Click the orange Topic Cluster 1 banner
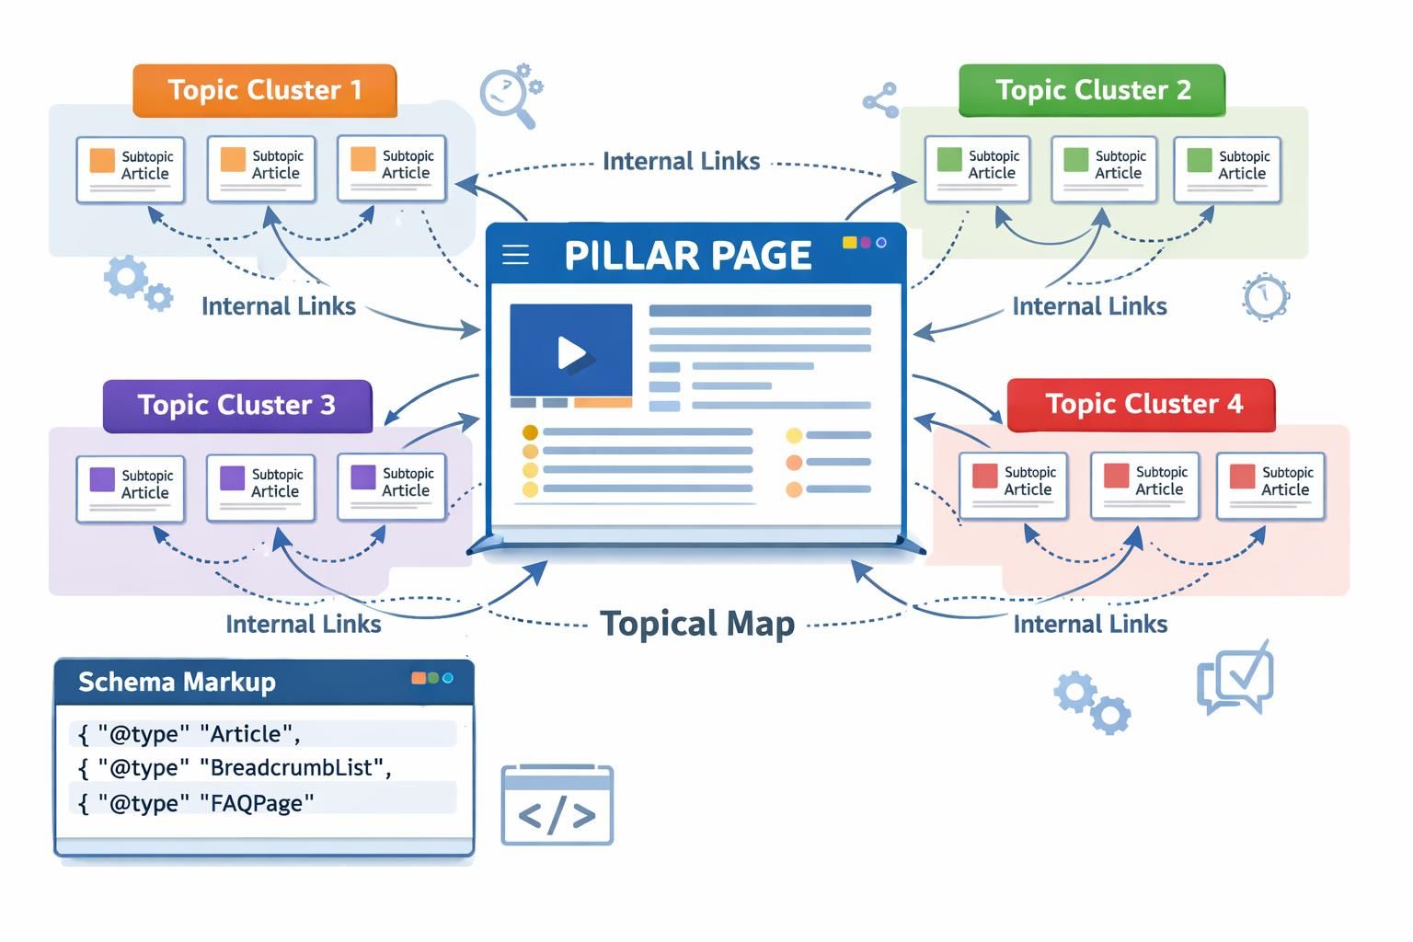(x=265, y=90)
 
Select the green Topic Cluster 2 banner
(x=1092, y=90)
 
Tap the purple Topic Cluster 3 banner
(x=237, y=406)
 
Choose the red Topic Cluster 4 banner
(x=1142, y=405)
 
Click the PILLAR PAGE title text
(x=687, y=256)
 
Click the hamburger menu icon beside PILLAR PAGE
(x=515, y=255)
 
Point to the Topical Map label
(x=697, y=624)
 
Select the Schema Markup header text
(x=177, y=682)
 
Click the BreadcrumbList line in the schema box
(x=235, y=767)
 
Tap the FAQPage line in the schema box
(x=197, y=803)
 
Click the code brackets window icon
(x=557, y=806)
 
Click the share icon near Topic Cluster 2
(x=881, y=100)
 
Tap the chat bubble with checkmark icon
(x=1235, y=679)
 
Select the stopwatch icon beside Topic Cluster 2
(x=1266, y=296)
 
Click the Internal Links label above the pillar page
(x=681, y=162)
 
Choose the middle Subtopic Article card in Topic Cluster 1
(x=261, y=168)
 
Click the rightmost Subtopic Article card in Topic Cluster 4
(x=1270, y=486)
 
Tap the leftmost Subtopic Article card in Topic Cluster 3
(x=130, y=488)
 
